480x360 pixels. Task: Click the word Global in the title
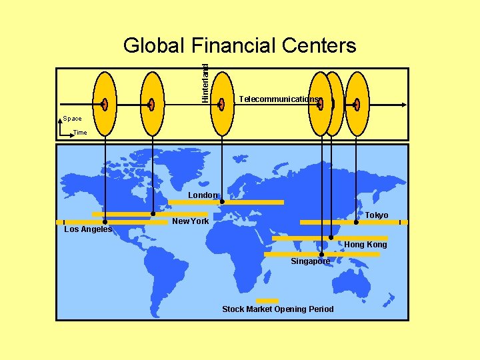tap(154, 45)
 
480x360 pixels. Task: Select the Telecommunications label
tap(279, 99)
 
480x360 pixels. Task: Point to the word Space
tap(72, 119)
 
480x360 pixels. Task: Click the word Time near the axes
tap(80, 132)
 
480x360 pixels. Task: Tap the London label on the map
tap(202, 195)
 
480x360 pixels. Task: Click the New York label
tap(191, 221)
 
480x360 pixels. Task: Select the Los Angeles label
tap(88, 229)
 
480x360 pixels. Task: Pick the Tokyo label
tap(376, 215)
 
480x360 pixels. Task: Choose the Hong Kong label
tap(365, 245)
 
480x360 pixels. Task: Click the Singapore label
tap(310, 261)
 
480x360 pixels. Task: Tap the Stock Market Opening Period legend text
tap(278, 309)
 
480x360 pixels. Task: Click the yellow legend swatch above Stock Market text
tap(267, 301)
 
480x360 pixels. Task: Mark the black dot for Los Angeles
tap(104, 222)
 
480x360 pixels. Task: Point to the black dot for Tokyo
tap(356, 222)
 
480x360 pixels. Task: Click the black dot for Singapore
tap(321, 254)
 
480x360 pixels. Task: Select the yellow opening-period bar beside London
tap(253, 202)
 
